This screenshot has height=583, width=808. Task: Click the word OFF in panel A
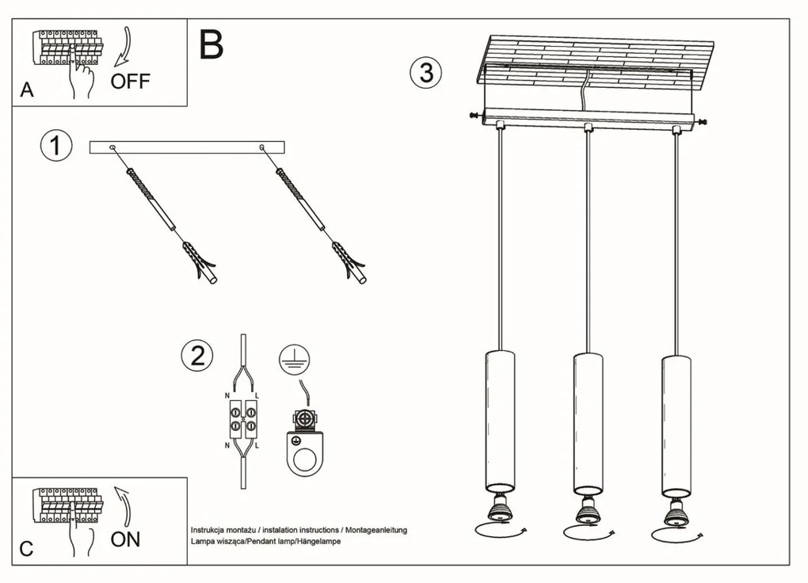(x=130, y=81)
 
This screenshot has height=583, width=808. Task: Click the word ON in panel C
(x=125, y=539)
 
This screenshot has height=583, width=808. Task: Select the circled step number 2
(x=196, y=356)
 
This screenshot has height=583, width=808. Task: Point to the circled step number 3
(x=425, y=72)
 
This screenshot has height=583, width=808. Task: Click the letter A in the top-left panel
(x=27, y=91)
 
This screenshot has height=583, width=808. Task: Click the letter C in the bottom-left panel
(x=26, y=549)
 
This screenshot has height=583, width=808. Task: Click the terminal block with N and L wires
(x=243, y=419)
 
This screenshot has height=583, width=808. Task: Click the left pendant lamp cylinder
(x=499, y=420)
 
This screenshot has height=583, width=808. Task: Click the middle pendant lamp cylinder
(x=587, y=420)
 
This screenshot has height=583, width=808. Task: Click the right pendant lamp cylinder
(x=675, y=420)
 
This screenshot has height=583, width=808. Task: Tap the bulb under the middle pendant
(x=587, y=511)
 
